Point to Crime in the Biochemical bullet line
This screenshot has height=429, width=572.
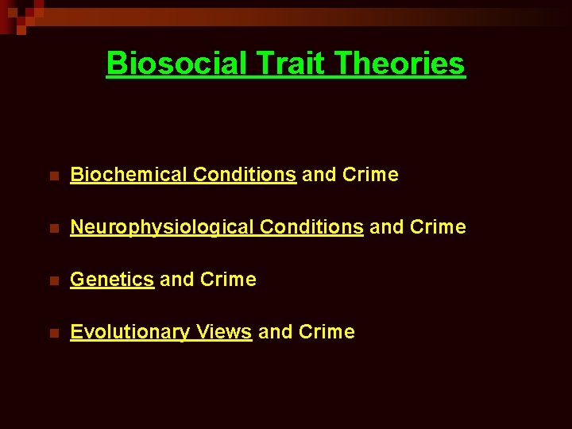(370, 175)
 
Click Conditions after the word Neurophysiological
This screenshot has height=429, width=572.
(311, 227)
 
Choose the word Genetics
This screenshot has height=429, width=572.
(112, 280)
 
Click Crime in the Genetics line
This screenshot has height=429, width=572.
(229, 280)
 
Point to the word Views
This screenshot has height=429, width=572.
(224, 332)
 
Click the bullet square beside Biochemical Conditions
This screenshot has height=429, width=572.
(53, 176)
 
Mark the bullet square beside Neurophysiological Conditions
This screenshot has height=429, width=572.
(53, 228)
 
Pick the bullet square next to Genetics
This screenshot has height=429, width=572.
(53, 280)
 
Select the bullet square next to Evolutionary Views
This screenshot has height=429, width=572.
(53, 333)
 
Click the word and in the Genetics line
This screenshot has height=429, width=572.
(176, 280)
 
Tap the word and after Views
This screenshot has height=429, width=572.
(275, 332)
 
